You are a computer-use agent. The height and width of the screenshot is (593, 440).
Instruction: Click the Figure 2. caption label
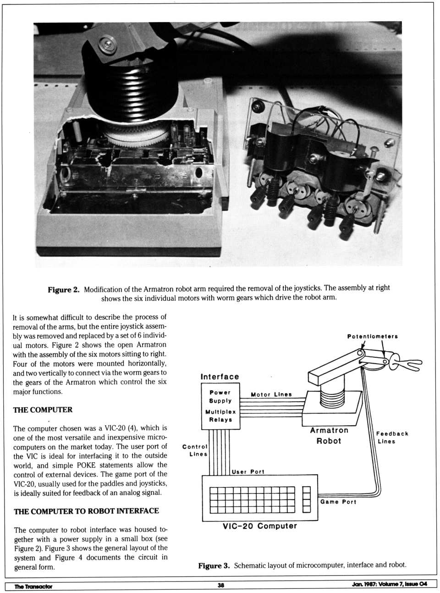tap(64, 289)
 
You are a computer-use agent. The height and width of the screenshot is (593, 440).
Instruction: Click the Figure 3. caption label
tap(214, 565)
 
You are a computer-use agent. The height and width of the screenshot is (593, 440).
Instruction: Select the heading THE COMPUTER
tap(43, 410)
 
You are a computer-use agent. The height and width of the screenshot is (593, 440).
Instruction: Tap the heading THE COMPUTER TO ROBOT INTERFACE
tap(86, 511)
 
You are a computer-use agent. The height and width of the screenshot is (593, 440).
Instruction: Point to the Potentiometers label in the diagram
tap(372, 336)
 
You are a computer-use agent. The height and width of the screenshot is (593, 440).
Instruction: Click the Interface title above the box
tap(220, 377)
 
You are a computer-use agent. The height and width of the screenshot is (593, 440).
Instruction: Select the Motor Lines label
tap(271, 394)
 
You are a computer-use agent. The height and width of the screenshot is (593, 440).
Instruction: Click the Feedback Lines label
tap(392, 438)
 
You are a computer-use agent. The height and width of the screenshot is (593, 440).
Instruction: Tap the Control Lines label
tap(195, 450)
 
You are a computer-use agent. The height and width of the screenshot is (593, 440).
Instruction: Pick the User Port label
tap(248, 471)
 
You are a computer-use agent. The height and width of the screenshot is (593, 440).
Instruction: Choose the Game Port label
tap(338, 502)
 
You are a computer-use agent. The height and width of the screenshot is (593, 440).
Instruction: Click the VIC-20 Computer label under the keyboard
tap(259, 526)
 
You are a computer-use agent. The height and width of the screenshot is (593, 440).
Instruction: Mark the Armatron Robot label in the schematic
tap(329, 436)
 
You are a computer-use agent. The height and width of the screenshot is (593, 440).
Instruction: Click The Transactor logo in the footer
tap(33, 586)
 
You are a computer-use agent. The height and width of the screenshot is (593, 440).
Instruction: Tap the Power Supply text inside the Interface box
tap(220, 396)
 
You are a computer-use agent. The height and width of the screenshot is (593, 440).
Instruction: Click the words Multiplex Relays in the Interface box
tap(220, 416)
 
